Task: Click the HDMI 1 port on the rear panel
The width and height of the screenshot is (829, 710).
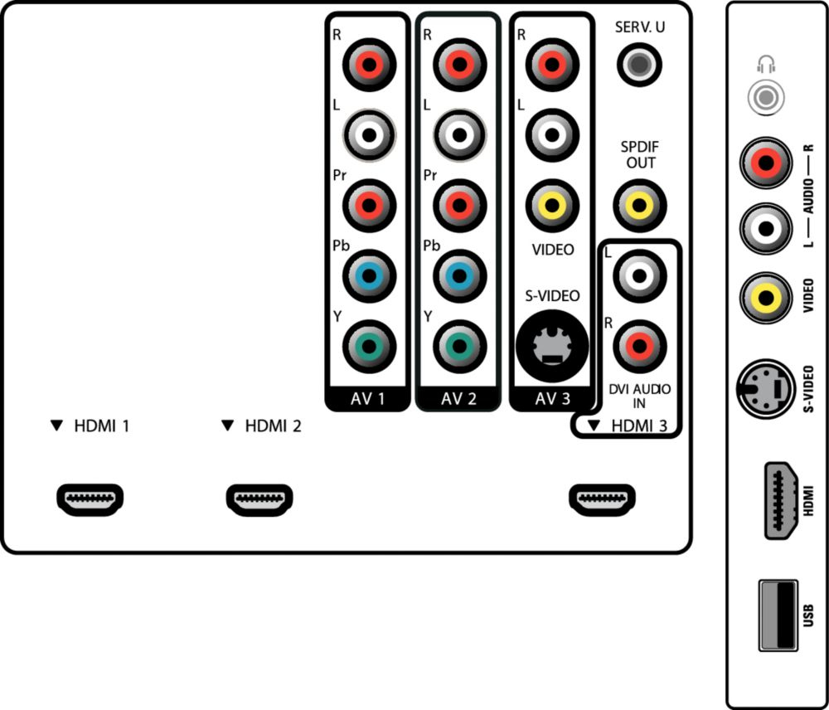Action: pos(90,499)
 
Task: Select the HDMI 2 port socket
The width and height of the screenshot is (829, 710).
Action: pos(259,499)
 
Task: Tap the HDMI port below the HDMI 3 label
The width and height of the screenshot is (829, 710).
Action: pos(602,499)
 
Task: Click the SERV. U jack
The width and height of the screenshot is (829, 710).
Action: pos(639,65)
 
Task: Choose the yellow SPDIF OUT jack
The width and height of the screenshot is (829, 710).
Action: pos(639,205)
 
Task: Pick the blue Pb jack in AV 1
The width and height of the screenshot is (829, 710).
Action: pos(369,275)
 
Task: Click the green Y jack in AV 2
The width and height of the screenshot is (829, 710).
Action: pos(459,347)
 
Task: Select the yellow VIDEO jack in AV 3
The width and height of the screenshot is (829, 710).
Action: pos(552,205)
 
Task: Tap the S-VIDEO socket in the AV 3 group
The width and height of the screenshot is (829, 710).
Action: pos(552,347)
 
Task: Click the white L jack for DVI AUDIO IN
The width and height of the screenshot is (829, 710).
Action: pos(639,275)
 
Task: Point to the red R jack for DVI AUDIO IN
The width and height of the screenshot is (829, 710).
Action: pos(639,347)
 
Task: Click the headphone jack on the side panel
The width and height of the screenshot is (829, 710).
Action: pos(765,97)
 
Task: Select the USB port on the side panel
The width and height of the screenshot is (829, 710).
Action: pos(778,615)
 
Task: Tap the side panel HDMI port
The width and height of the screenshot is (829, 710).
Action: pos(782,500)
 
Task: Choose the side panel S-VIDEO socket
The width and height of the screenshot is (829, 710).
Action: pos(765,389)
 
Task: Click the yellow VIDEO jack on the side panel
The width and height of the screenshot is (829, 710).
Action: pos(765,298)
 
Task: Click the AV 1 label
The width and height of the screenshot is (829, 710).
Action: pos(367,399)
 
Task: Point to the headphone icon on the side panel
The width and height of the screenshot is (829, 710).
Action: pos(765,64)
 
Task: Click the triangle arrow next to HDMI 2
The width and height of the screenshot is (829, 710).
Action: pos(227,426)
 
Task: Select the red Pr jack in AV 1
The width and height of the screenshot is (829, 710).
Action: pos(369,205)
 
